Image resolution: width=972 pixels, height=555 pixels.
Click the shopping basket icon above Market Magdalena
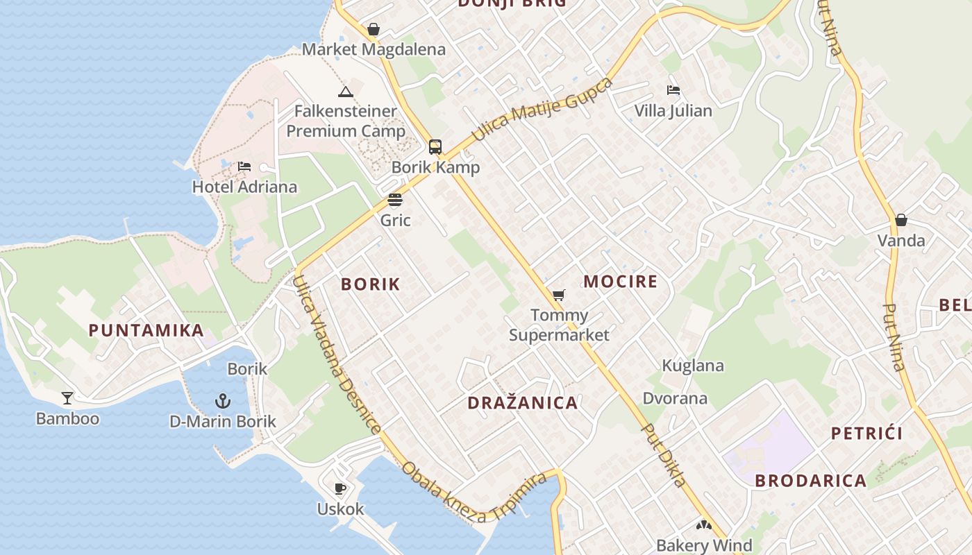374,29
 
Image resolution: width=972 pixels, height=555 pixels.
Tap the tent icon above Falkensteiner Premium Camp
345,92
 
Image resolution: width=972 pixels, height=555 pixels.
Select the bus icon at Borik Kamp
435,147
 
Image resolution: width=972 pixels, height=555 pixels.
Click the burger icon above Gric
395,200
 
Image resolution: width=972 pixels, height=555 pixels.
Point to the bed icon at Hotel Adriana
244,166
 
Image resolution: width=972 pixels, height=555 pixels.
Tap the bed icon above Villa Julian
673,90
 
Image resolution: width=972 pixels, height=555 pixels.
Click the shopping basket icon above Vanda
901,221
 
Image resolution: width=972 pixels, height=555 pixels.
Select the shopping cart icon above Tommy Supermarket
559,295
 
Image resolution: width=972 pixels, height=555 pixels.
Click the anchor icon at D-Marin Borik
223,401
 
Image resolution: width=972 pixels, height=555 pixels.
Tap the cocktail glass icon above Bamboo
67,398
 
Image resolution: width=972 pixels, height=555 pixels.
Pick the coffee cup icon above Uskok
340,488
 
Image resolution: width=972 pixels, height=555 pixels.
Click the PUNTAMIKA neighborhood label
146,330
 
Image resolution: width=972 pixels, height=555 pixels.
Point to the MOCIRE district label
620,282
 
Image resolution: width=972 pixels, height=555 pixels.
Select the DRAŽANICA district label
523,403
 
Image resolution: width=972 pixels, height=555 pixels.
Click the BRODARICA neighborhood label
810,481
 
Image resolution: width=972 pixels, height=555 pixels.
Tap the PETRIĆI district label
867,434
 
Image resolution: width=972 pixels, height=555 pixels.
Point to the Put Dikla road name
664,455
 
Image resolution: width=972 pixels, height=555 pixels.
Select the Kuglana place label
693,366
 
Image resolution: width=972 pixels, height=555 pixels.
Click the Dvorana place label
675,398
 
